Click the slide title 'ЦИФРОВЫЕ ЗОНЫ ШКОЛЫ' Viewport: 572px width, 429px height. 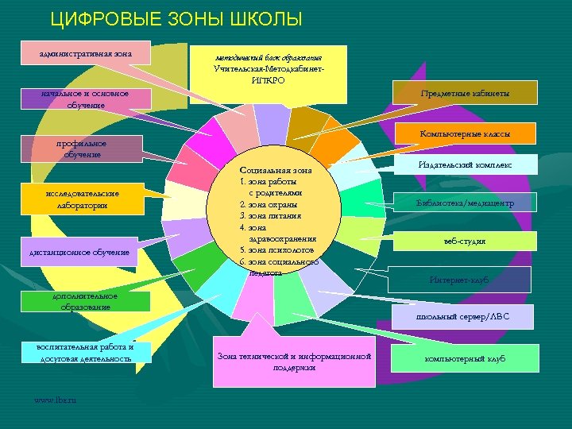click(176, 18)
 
